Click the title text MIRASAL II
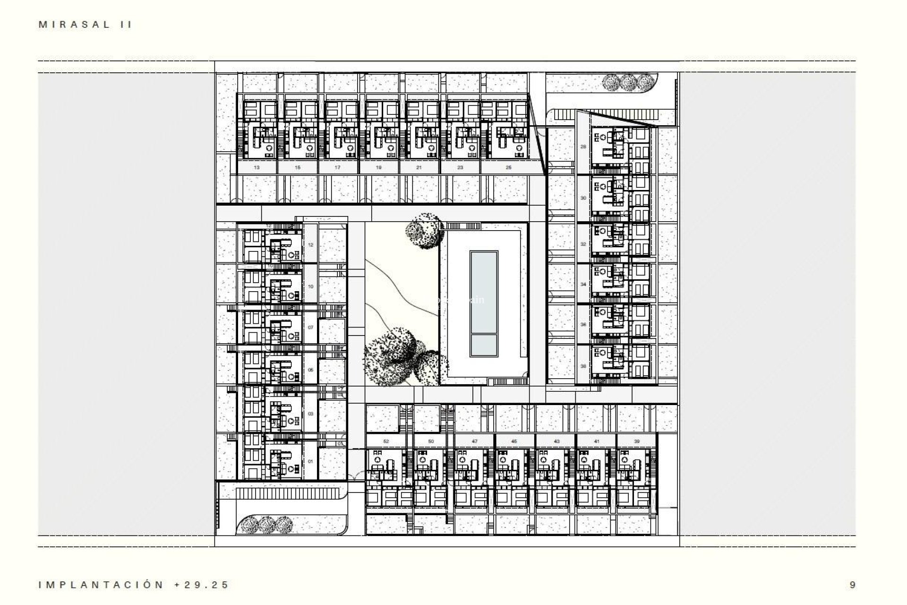pos(85,25)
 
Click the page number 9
pos(852,585)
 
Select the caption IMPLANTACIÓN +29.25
pos(134,585)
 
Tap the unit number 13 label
pos(257,167)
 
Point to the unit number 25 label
pos(508,167)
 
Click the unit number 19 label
pos(379,167)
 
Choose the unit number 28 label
pos(583,147)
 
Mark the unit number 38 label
pos(583,366)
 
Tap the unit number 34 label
pos(583,285)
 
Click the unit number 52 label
pos(386,441)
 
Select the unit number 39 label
pos(636,441)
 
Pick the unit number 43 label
pos(556,441)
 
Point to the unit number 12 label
pos(310,245)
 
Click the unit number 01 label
pos(310,461)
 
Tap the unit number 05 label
pos(310,370)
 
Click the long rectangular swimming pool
pos(484,291)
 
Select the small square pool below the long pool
pos(484,346)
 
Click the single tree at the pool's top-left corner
pos(424,230)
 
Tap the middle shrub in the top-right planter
pos(627,83)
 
